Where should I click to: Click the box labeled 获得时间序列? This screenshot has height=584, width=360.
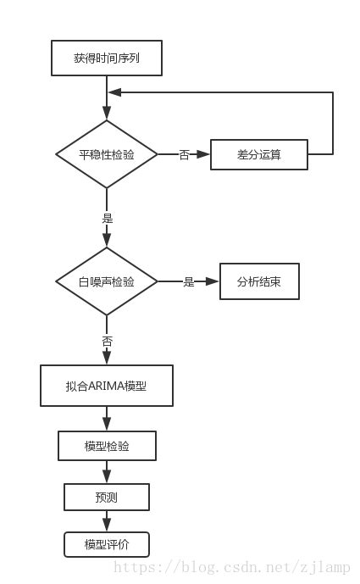point(106,59)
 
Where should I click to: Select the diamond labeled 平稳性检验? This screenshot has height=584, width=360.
point(107,154)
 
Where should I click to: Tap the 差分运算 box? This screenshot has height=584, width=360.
point(259,154)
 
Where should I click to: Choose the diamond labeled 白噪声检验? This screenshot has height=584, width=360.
point(107,281)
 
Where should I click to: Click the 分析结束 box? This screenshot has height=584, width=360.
point(259,281)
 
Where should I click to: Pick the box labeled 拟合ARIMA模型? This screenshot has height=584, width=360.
point(107,386)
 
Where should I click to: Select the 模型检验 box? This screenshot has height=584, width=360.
point(107,446)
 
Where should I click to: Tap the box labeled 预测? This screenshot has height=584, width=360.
point(107,497)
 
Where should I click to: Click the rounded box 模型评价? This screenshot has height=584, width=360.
point(107,544)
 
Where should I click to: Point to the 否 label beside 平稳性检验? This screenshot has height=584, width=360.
point(184,155)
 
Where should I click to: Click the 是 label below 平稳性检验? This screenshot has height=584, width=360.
point(107,218)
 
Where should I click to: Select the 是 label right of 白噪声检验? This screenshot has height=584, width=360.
point(189,282)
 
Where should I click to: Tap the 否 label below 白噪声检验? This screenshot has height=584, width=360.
point(107,341)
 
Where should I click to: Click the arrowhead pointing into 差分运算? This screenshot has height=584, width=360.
point(203,154)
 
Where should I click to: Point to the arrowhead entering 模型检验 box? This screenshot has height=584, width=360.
point(107,425)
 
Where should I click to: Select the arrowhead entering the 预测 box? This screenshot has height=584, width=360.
point(107,477)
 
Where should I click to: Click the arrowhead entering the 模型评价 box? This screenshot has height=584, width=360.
point(107,526)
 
